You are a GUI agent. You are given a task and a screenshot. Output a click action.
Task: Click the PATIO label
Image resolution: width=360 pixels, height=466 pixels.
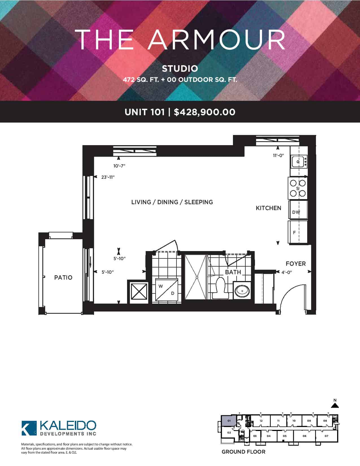pyautogui.click(x=63, y=278)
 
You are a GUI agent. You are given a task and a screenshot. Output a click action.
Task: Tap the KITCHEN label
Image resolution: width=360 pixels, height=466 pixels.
pyautogui.click(x=269, y=208)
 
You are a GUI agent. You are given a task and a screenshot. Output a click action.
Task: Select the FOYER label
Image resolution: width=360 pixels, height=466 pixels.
pyautogui.click(x=296, y=264)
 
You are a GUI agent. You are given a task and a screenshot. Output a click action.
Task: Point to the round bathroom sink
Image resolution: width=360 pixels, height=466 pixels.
pyautogui.click(x=242, y=291)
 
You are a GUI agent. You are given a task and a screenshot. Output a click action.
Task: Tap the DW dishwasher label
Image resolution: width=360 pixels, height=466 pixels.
pyautogui.click(x=296, y=212)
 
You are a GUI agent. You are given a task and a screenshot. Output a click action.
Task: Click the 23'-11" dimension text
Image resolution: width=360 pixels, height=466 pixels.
pyautogui.click(x=108, y=177)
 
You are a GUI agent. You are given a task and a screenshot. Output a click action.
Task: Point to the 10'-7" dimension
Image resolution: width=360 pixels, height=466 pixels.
pyautogui.click(x=119, y=166)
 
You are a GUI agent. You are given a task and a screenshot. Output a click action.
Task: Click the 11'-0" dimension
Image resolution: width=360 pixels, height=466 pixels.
pyautogui.click(x=278, y=156)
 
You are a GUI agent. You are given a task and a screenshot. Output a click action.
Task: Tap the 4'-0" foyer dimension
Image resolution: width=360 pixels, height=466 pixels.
pyautogui.click(x=287, y=272)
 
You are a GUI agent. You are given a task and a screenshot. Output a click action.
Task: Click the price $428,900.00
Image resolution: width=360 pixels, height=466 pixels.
pyautogui.click(x=204, y=112)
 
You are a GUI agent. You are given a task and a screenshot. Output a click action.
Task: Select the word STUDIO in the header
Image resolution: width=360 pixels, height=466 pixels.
pyautogui.click(x=180, y=69)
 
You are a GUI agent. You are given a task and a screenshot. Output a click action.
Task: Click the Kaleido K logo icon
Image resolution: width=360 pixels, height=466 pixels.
pyautogui.click(x=29, y=428)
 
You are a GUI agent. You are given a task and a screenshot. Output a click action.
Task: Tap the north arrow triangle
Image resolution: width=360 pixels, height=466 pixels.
pyautogui.click(x=335, y=405)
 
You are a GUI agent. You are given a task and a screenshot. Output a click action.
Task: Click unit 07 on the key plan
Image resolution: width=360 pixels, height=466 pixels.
pyautogui.click(x=327, y=436)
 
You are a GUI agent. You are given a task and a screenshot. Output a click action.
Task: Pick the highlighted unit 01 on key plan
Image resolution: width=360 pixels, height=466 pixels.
pyautogui.click(x=229, y=421)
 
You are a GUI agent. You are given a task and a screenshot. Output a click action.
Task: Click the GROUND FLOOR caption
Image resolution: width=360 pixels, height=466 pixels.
pyautogui.click(x=243, y=452)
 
